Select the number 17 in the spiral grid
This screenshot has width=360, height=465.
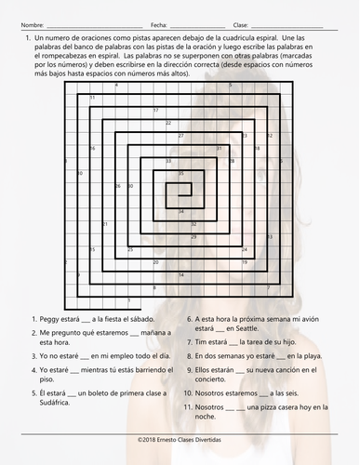pos(155,110)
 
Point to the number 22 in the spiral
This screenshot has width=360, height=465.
pos(167,123)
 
